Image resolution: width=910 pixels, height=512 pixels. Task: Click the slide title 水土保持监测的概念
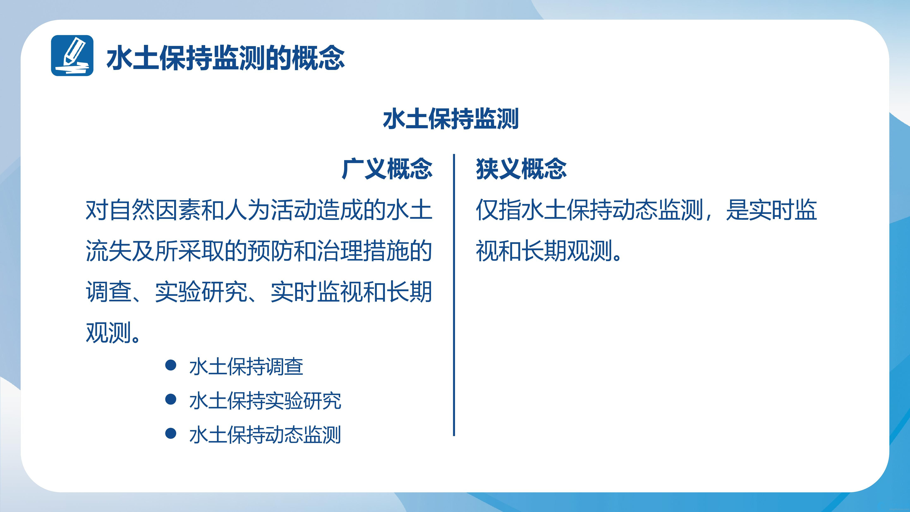click(225, 58)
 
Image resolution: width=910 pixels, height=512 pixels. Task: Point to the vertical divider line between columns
click(454, 295)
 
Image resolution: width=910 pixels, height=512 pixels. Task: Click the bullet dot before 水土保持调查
click(171, 365)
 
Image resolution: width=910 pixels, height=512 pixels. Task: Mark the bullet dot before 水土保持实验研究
click(171, 399)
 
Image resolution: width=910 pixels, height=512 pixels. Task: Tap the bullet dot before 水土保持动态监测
click(171, 433)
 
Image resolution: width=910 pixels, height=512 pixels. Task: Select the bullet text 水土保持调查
click(246, 366)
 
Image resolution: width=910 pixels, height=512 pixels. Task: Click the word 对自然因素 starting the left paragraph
click(143, 210)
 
